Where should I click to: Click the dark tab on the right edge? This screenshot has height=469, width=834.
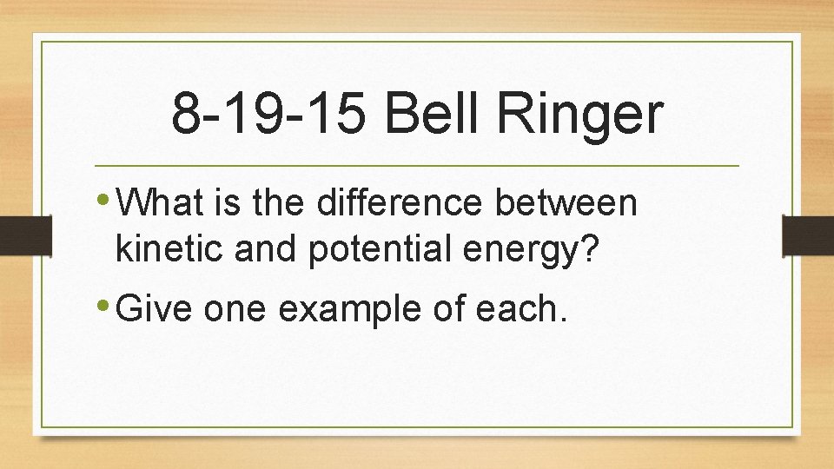tap(808, 234)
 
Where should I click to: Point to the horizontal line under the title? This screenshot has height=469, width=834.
tap(416, 165)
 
